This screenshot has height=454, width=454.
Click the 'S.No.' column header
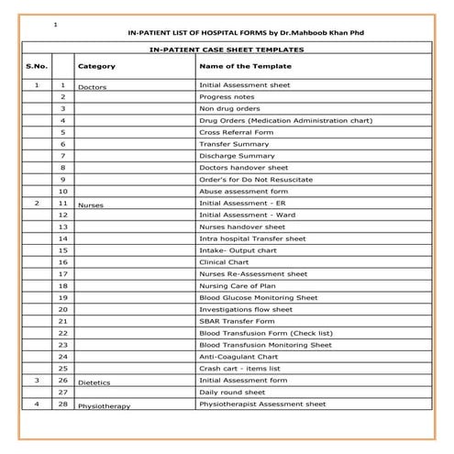click(x=38, y=66)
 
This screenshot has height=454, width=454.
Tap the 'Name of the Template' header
click(x=245, y=66)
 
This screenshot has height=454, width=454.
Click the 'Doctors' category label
click(x=93, y=87)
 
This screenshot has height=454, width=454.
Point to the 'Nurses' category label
click(x=91, y=205)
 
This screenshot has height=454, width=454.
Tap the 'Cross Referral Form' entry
click(x=236, y=132)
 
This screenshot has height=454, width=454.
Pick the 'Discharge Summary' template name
click(x=237, y=156)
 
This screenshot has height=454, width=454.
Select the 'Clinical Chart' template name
click(x=226, y=261)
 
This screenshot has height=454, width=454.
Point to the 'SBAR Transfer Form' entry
click(x=236, y=320)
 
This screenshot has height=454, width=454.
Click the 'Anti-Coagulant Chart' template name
click(x=238, y=356)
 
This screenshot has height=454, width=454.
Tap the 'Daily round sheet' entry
click(x=233, y=392)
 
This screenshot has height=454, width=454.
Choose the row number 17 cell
click(x=62, y=273)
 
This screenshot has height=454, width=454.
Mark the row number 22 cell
click(x=62, y=332)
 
